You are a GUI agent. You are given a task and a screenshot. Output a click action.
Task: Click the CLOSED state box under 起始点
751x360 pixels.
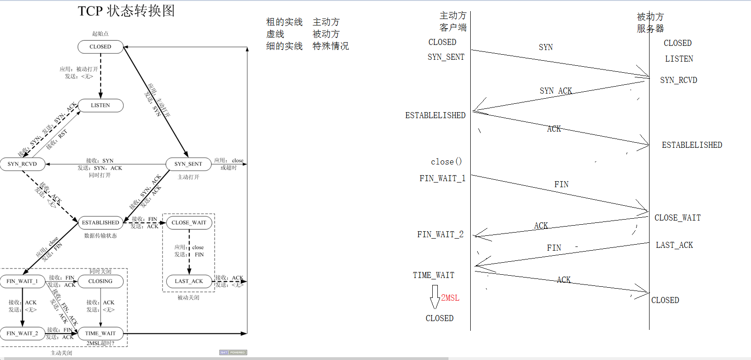coord(101,47)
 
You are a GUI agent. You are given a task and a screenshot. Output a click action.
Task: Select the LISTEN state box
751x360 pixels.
coord(101,106)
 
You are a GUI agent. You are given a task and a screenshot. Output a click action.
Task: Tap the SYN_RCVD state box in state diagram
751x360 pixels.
coord(22,164)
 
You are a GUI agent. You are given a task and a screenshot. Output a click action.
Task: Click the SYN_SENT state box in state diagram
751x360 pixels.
coord(188,164)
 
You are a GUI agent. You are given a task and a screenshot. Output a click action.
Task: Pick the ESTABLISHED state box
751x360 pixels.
coord(101,223)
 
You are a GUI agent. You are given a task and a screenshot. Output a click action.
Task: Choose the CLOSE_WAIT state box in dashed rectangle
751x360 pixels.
coord(189,223)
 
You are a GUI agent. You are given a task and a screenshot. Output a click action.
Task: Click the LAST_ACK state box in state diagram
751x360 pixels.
coord(189,281)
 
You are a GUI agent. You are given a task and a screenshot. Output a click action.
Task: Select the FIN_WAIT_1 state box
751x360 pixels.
coord(22,281)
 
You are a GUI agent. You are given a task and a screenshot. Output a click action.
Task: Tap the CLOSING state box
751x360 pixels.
coord(101,281)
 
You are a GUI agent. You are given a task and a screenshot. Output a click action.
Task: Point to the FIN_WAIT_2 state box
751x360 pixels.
coord(22,334)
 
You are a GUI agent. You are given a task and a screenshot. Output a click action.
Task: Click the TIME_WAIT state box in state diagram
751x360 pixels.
coord(101,334)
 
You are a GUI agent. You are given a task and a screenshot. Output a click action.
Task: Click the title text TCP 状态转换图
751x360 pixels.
coord(126,11)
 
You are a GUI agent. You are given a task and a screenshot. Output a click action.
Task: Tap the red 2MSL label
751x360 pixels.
coord(450,298)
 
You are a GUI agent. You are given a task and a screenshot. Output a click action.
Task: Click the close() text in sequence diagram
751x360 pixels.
coord(446,162)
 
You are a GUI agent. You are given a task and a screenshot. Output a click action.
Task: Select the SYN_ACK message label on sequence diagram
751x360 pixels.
coord(555,91)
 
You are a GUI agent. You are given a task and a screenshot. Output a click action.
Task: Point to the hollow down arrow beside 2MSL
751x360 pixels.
coord(435,297)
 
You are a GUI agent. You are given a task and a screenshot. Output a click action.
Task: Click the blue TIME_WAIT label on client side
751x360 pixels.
coord(434,275)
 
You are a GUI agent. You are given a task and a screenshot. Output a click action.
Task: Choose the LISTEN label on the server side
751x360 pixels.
coord(679,59)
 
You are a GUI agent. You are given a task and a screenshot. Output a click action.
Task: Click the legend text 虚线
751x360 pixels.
coord(275,34)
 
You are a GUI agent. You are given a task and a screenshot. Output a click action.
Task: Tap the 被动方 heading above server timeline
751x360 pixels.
coord(650,17)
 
